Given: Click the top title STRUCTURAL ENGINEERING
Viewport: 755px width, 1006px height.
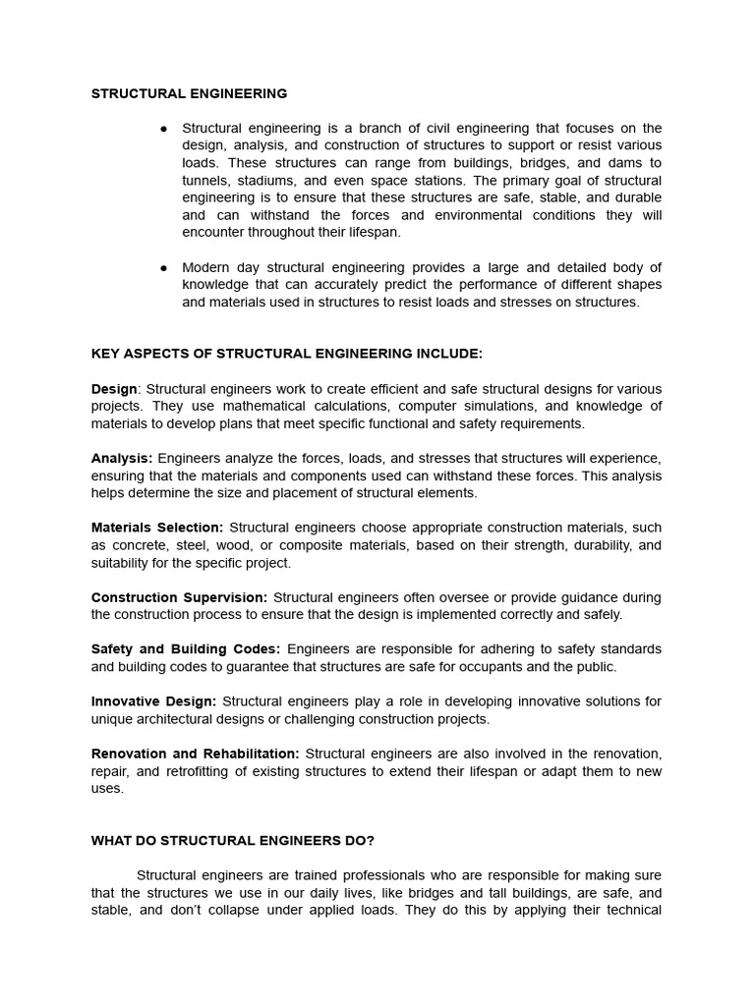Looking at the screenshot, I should point(189,93).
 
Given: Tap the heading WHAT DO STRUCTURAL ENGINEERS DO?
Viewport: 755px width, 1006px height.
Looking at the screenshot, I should point(233,840).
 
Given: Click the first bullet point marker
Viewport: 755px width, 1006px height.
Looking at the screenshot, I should point(163,129).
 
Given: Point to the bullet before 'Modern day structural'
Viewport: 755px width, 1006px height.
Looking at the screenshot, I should point(163,267).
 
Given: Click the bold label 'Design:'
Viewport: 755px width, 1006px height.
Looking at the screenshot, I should point(116,389).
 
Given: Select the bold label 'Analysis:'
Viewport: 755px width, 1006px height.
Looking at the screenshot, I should point(122,458).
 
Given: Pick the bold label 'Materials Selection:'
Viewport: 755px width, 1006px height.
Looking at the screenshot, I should point(157,528).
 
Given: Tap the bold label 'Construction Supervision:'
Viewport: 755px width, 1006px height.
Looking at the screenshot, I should point(179,597).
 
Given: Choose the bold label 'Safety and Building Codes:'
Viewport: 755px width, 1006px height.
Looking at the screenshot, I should point(186,649).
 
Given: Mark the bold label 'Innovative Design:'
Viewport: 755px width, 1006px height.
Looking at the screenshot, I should point(153,701).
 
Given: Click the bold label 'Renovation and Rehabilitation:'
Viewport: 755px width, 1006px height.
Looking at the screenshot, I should point(196,754).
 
